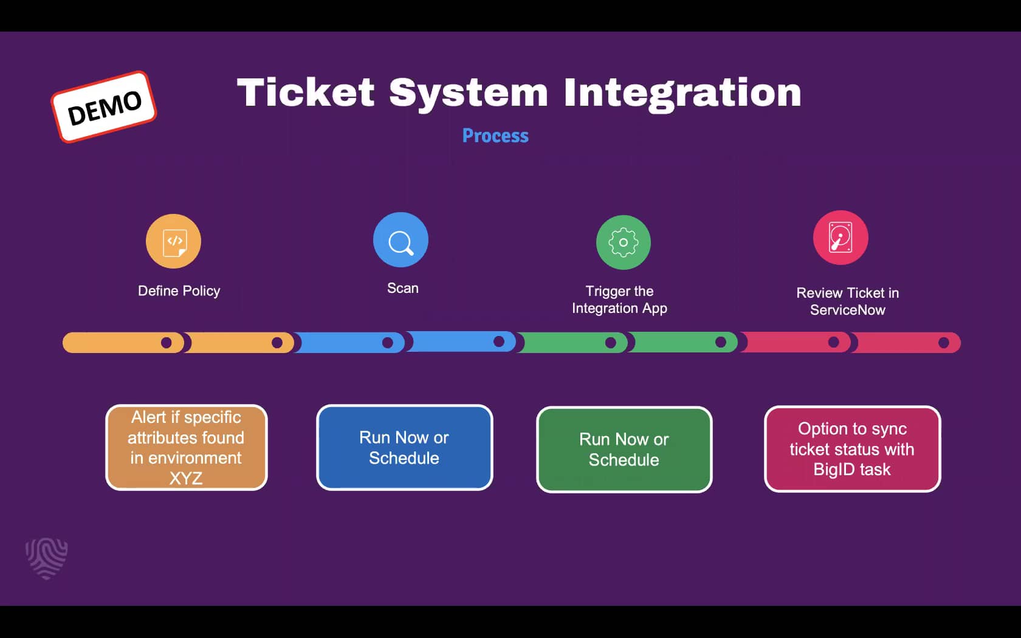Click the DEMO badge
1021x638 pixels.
[104, 107]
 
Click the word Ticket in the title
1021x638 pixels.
[306, 92]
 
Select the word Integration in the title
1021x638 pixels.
[682, 92]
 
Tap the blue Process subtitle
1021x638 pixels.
[495, 135]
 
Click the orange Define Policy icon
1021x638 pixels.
[174, 241]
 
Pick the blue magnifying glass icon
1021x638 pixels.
[400, 240]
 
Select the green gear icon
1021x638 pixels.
[623, 242]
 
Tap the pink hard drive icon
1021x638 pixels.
[841, 238]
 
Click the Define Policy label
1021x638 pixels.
[179, 291]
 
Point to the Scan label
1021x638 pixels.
[403, 288]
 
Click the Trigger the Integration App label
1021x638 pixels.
[619, 300]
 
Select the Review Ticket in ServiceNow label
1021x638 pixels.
[848, 301]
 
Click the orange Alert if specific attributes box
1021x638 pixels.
[187, 447]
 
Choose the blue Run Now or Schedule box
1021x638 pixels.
[405, 447]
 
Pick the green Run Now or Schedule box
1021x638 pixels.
[624, 449]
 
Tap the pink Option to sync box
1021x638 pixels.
[852, 449]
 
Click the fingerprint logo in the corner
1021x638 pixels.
[47, 558]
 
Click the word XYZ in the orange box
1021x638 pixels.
[186, 478]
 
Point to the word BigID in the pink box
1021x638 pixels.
[834, 470]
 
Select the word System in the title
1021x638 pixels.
[469, 92]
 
